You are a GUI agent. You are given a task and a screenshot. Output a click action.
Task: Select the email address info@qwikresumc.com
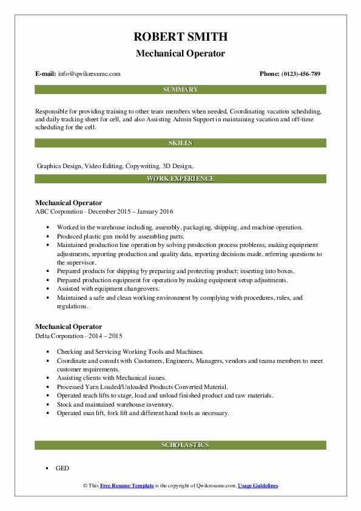pos(90,74)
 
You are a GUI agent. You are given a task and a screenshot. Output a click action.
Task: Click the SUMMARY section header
pos(180,90)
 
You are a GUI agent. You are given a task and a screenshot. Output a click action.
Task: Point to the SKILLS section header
pos(180,143)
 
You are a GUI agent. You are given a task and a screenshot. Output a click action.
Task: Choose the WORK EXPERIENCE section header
pos(180,179)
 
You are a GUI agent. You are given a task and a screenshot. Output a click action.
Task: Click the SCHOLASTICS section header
pos(180,445)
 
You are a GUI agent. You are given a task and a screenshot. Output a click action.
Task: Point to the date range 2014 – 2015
pos(108,336)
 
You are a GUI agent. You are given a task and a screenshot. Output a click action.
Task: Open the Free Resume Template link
pos(128,486)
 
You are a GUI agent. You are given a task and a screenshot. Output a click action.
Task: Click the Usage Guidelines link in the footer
pos(258,486)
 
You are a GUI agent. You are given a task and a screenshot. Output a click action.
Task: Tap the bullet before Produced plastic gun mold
pos(47,236)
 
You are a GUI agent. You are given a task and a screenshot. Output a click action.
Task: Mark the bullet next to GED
pos(47,469)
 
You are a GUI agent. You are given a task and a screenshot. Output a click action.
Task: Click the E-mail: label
pos(46,74)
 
